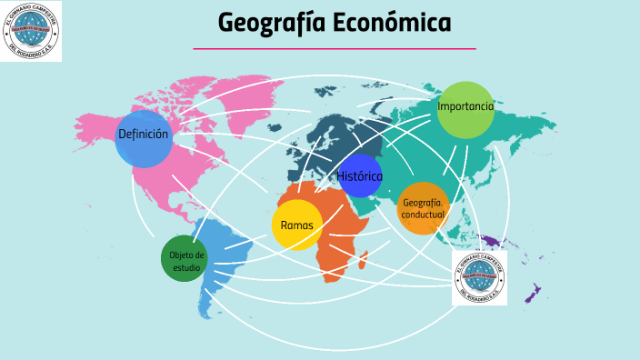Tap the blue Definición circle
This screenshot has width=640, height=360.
point(144,139)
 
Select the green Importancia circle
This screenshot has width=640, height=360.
point(465,110)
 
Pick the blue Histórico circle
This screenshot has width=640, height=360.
point(359,175)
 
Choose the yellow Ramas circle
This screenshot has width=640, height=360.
point(297,225)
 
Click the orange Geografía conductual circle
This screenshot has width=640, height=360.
point(423,208)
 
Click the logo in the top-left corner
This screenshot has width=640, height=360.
point(32,32)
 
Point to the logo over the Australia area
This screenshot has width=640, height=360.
point(479,278)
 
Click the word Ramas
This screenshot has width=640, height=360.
point(297,225)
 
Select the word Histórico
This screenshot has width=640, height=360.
point(359,175)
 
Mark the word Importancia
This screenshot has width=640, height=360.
point(465,106)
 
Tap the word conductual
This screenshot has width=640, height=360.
point(423,215)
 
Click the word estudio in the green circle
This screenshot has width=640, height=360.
point(187,268)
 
